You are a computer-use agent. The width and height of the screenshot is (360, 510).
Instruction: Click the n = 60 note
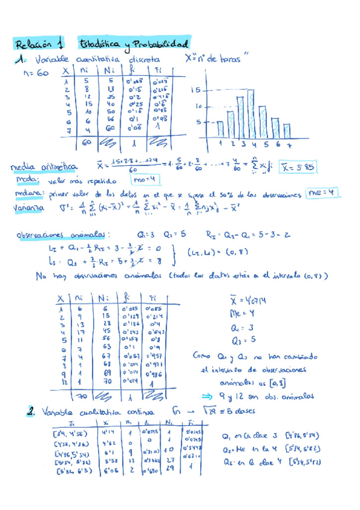(34, 73)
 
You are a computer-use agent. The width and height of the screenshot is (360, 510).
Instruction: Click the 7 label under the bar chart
(290, 144)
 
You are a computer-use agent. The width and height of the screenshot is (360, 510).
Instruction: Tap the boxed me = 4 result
(323, 192)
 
